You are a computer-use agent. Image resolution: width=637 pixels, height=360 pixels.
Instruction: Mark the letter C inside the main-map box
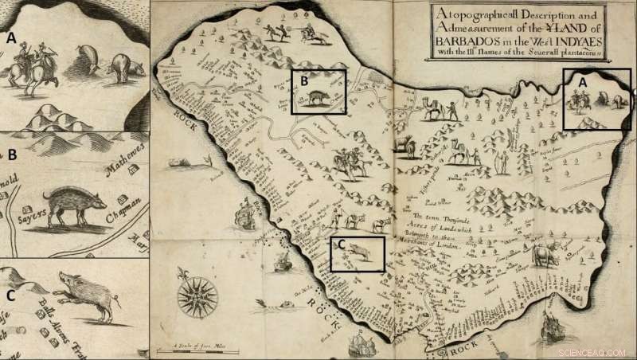click(340, 245)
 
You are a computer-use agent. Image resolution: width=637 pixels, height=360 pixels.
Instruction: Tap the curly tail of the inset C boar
click(118, 301)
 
